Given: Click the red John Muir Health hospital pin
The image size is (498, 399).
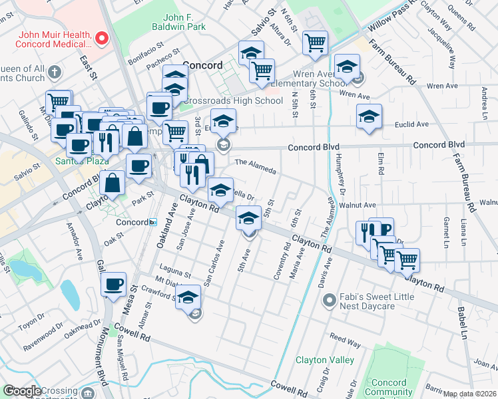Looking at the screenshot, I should [x=101, y=39].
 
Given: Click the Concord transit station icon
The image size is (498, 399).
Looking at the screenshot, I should [x=152, y=221].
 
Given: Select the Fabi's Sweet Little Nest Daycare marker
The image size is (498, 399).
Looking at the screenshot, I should [x=328, y=302].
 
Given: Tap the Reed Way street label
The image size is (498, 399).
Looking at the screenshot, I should [x=345, y=341].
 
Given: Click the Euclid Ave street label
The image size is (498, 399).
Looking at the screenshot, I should [x=412, y=124].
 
